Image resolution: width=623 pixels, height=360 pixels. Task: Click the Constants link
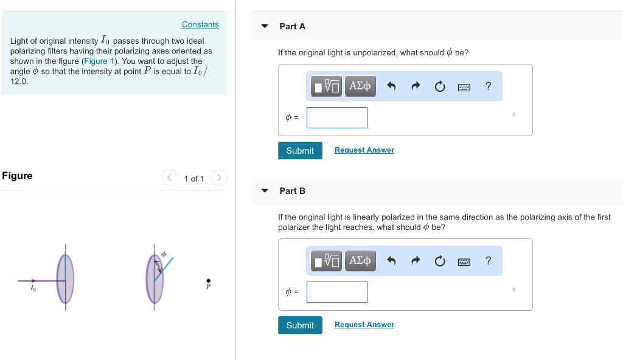(200, 24)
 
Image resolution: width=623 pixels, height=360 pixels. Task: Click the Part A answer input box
(336, 117)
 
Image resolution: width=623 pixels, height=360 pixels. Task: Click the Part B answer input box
(336, 292)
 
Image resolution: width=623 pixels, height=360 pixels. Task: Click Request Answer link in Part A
(364, 150)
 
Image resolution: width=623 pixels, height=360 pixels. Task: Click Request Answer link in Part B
(364, 325)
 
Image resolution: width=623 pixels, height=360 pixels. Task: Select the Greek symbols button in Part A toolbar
(360, 86)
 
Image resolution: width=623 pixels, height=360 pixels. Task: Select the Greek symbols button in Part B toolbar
(360, 261)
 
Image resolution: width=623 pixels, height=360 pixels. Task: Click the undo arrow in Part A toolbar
(391, 86)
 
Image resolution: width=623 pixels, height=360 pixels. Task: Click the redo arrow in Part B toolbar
(416, 261)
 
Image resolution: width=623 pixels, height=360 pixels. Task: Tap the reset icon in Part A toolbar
(440, 86)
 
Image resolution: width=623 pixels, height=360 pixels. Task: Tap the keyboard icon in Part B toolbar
(464, 261)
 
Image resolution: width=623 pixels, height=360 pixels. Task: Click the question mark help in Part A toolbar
(488, 86)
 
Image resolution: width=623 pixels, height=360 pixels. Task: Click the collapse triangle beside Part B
(265, 191)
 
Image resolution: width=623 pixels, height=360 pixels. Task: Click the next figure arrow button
(218, 178)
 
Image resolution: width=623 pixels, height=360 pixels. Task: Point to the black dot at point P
(208, 280)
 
